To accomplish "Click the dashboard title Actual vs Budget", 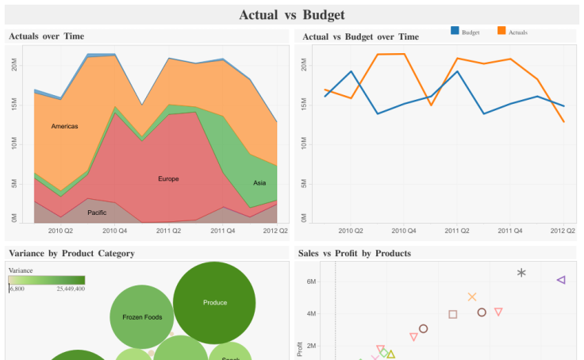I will tap(292, 15).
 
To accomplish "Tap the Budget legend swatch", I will tap(455, 31).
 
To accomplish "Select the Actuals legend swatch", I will tap(501, 31).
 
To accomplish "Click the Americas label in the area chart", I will tap(64, 127).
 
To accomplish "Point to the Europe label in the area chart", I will tap(168, 179).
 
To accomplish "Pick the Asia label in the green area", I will tap(259, 183).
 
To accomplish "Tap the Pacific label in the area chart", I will tap(97, 213).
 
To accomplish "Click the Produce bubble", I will tap(214, 302).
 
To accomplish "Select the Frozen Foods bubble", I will tap(142, 317).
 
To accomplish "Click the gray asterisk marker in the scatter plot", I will tap(521, 273).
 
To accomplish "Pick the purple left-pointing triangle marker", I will tap(561, 280).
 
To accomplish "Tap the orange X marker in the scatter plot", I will tap(472, 297).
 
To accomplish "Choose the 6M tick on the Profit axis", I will tap(311, 281).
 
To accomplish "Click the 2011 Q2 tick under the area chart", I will tap(168, 231).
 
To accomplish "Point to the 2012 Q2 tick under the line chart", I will tap(563, 231).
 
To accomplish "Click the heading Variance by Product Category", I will tap(71, 254).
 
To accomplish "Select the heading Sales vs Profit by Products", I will tap(355, 254).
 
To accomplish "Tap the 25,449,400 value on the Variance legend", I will tap(71, 289).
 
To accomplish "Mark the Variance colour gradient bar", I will tap(47, 280).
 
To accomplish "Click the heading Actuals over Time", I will tap(46, 36).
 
